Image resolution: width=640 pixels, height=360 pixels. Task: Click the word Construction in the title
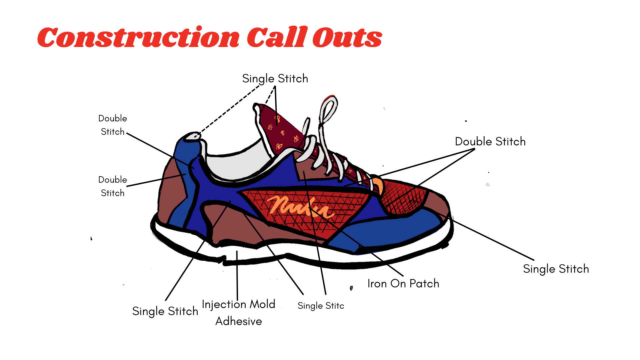pos(138,37)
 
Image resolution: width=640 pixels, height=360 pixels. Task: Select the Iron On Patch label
pos(403,283)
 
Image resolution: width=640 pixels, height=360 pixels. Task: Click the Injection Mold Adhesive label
pos(239,313)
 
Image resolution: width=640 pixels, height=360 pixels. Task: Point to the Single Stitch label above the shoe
pos(275,79)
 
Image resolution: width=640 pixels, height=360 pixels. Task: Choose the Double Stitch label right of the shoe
pos(490,141)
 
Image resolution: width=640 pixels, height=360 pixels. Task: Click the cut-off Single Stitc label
pos(321,306)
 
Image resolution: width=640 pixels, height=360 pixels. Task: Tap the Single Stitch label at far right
pos(556,269)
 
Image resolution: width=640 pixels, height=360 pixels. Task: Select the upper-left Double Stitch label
pos(113,125)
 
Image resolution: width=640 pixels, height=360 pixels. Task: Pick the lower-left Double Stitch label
pos(113,186)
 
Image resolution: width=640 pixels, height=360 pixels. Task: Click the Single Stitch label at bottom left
pos(165,311)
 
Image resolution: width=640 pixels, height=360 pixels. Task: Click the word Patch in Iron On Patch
pos(424,283)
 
